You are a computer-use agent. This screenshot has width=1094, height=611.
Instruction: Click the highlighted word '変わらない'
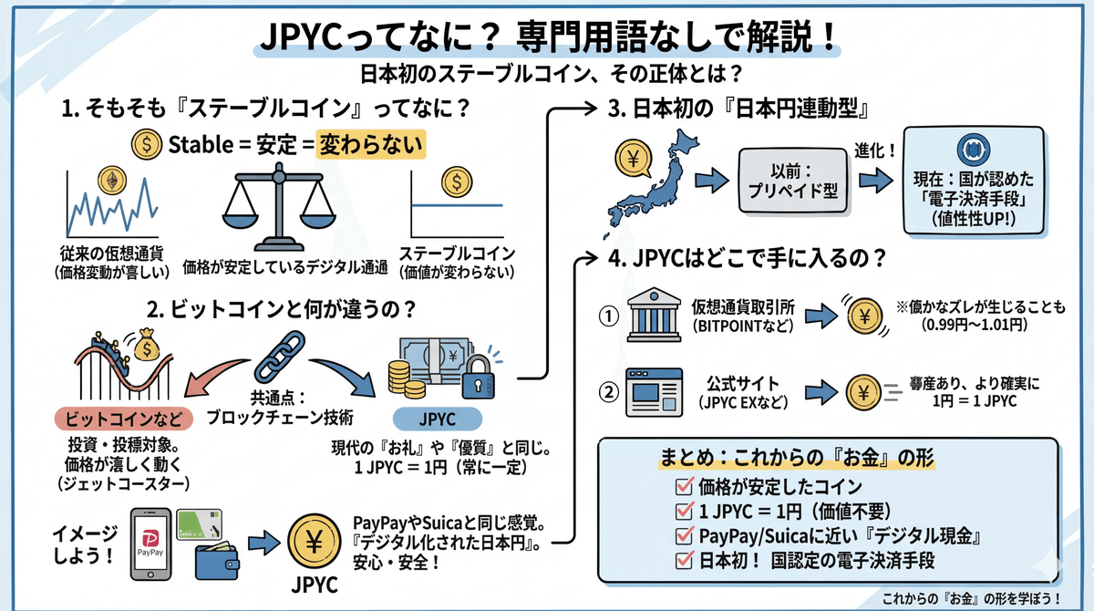pyautogui.click(x=371, y=144)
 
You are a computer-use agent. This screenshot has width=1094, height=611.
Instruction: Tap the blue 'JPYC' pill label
pyautogui.click(x=439, y=419)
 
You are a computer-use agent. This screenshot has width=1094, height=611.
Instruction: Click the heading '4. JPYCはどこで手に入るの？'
pyautogui.click(x=747, y=258)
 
